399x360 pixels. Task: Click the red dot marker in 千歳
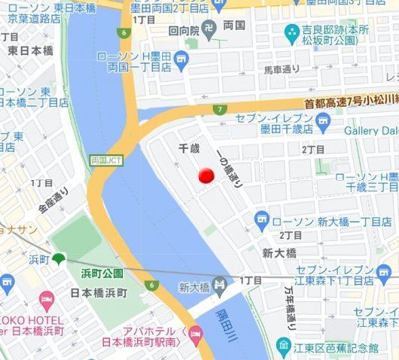click(x=205, y=177)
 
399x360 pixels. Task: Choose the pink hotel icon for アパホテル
click(x=196, y=335)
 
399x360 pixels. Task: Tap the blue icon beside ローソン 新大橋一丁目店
click(x=261, y=218)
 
